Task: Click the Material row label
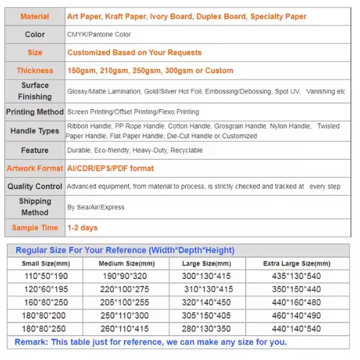point(35,17)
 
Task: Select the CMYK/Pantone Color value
point(99,35)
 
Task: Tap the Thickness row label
point(35,71)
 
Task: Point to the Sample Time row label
point(35,228)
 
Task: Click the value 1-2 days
point(82,228)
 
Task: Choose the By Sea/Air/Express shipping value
point(96,207)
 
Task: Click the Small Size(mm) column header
point(46,264)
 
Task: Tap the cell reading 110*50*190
point(45,276)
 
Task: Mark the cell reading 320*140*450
point(207,302)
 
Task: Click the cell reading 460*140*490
point(297,315)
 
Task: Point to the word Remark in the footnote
point(31,342)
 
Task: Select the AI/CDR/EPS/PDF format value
point(110,168)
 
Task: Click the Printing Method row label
point(35,112)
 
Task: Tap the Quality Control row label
point(35,186)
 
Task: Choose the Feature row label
point(35,150)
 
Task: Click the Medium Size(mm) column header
point(126,264)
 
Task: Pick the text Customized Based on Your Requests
point(134,53)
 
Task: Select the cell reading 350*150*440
point(297,289)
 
